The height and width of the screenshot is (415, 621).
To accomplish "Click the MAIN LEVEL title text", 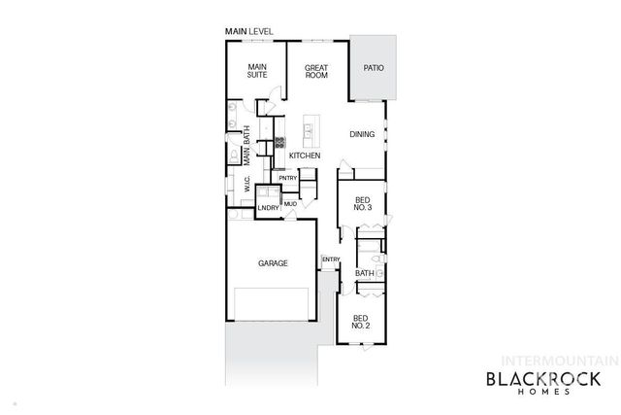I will (x=249, y=32).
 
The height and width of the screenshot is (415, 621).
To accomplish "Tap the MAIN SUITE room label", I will (x=256, y=70).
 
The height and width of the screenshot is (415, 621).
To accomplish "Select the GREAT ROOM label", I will (x=316, y=72).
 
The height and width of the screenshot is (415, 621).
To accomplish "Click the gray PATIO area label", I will (x=374, y=68).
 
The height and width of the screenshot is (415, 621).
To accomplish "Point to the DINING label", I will (x=363, y=135).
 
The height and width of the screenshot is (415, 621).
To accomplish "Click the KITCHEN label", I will (x=305, y=156).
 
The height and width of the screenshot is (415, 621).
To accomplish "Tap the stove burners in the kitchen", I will (x=279, y=142).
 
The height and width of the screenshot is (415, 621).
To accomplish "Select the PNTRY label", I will (x=288, y=178).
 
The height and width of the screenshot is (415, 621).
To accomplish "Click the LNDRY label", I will (x=269, y=207).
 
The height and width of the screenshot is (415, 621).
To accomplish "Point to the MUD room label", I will (x=290, y=204).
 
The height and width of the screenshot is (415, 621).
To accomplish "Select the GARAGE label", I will (x=272, y=263).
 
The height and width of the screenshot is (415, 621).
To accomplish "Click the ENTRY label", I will (x=331, y=259).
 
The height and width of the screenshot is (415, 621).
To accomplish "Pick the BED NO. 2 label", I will (x=360, y=322).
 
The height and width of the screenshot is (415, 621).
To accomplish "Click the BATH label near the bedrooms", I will (x=364, y=273).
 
